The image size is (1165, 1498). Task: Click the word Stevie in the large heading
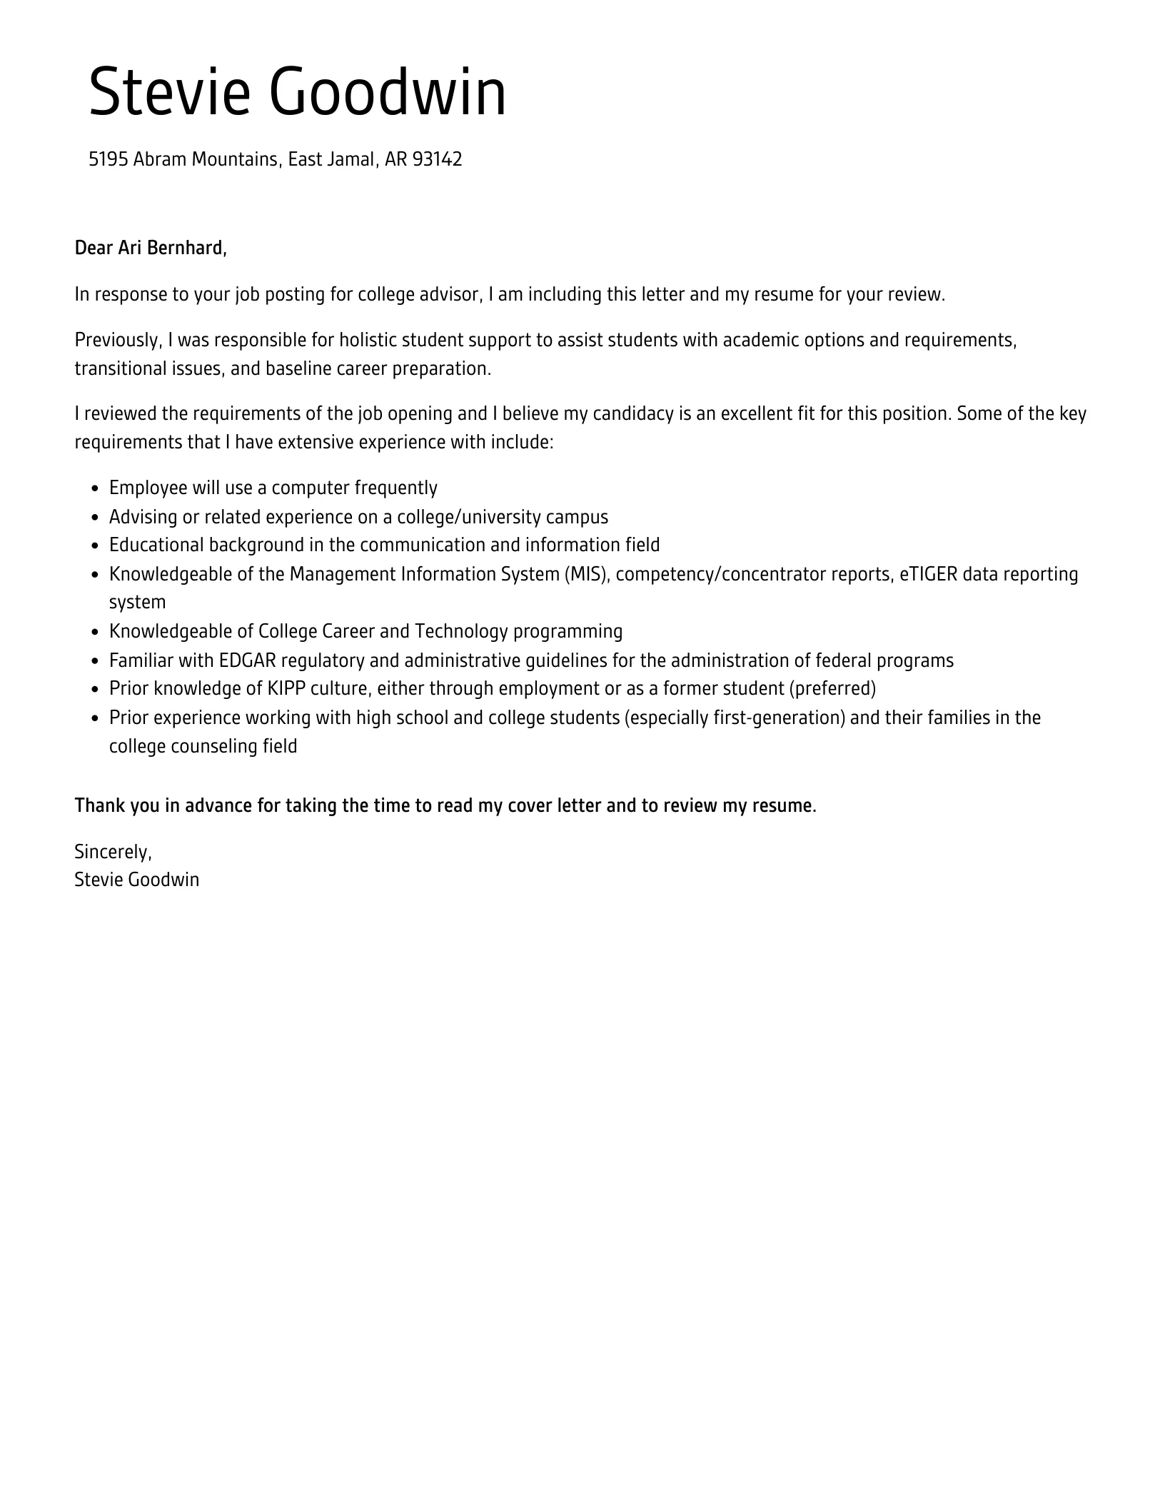169,92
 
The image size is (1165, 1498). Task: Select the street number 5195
108,159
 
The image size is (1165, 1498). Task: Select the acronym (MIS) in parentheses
587,574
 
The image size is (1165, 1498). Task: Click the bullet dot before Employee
96,488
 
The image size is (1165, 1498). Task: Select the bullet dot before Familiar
96,661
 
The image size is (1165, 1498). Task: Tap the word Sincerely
113,852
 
